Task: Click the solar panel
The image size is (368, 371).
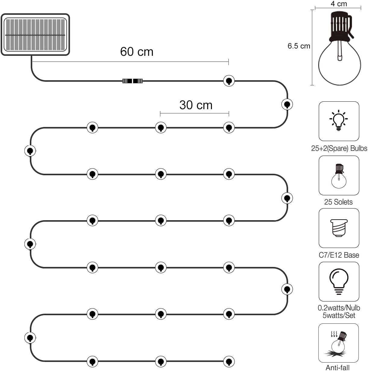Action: point(35,35)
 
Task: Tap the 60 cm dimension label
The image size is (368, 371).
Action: point(137,52)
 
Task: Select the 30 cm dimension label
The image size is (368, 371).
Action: point(196,105)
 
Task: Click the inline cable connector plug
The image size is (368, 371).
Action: point(132,81)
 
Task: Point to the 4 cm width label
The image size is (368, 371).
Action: point(339,4)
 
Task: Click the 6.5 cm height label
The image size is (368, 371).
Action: point(299,46)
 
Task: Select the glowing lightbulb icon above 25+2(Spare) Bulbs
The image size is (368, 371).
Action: point(338,120)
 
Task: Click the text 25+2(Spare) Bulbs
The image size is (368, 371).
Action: point(339,148)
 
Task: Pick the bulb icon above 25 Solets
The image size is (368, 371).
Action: point(339,176)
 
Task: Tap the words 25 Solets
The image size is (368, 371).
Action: point(338,202)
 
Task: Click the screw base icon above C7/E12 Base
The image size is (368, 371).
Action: point(339,228)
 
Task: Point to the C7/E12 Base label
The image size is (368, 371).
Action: point(339,255)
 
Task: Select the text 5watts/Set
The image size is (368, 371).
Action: point(339,316)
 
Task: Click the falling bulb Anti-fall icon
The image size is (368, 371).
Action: point(338,344)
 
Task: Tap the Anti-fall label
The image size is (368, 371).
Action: point(338,368)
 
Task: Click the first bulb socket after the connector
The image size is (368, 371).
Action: point(229,81)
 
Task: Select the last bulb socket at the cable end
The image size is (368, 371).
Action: point(229,362)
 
